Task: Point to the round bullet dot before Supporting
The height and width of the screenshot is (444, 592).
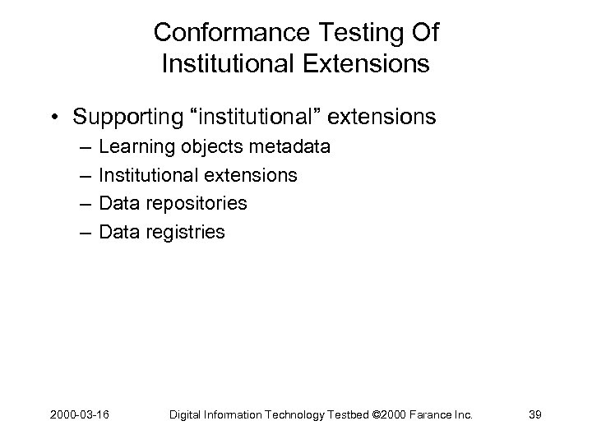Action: pyautogui.click(x=55, y=118)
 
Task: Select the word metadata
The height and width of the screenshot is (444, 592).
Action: pyautogui.click(x=284, y=147)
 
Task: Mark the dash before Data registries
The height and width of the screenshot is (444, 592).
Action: pyautogui.click(x=86, y=232)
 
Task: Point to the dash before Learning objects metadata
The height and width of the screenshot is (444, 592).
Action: pyautogui.click(x=86, y=147)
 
